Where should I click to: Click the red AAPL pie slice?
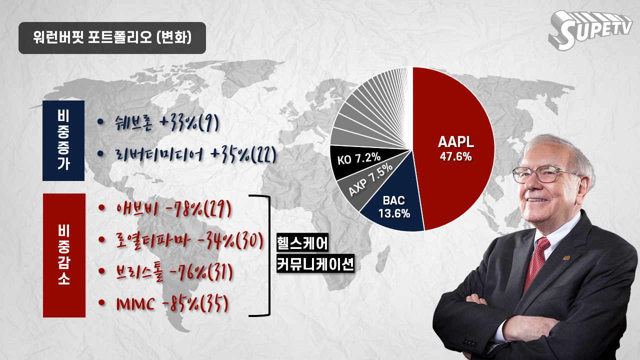point(454,148)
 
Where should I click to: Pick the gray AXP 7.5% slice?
point(371,180)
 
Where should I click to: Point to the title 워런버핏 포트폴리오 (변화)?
point(112,37)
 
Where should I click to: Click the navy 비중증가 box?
point(63,140)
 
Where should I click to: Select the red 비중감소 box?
point(64,255)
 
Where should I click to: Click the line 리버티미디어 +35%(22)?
point(196,154)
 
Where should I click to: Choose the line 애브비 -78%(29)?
point(173,209)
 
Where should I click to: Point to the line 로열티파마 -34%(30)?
point(189,241)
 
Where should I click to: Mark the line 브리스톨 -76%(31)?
point(174,272)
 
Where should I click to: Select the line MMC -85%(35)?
point(172,303)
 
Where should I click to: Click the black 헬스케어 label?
point(302,243)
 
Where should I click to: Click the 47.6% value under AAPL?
point(455,156)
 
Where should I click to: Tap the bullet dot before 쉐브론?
point(100,121)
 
